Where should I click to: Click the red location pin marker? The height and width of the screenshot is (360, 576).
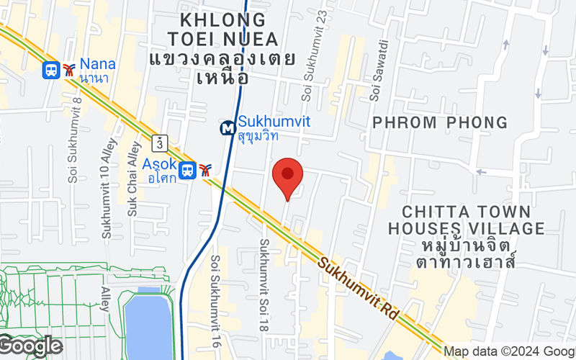(288, 177)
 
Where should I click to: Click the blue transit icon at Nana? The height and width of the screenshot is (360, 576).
(52, 70)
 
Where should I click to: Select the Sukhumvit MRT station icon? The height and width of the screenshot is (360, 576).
(228, 128)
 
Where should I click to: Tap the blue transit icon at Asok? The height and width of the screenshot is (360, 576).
(188, 171)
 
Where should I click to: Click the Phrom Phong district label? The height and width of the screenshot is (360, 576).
(440, 122)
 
